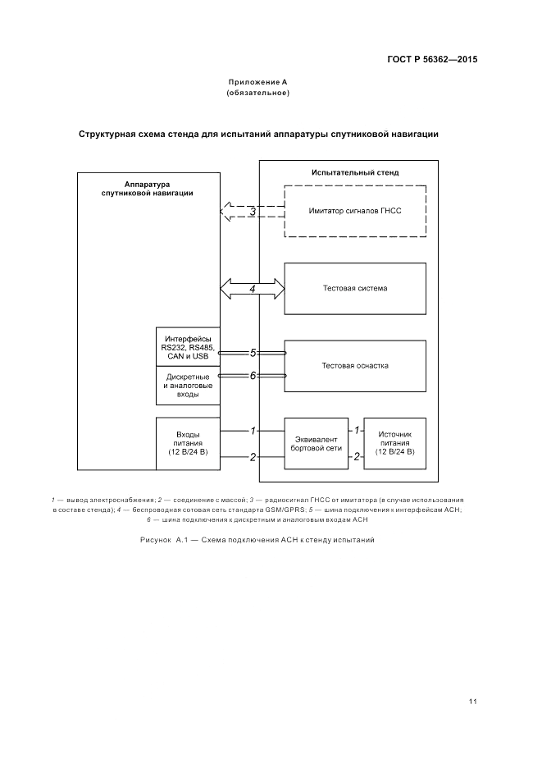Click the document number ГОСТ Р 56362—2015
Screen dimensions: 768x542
431,60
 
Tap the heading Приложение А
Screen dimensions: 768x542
257,83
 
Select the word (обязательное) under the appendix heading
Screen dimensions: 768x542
257,93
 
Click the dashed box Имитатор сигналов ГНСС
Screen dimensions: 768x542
355,211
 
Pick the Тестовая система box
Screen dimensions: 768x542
355,288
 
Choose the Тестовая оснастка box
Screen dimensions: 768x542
355,365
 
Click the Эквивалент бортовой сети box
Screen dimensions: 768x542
316,443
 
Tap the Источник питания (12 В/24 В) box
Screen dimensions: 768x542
394,443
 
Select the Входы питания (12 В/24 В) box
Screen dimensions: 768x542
188,443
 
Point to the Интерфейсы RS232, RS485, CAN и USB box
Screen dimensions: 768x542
188,347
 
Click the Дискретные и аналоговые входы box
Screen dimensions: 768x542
188,386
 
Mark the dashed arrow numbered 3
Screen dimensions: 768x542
238,212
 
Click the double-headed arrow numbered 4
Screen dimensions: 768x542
253,289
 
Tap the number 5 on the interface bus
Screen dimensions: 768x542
253,353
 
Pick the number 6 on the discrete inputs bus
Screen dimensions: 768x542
253,375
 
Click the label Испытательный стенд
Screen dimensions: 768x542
355,172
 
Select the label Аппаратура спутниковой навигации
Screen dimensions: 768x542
148,188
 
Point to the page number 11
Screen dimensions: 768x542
473,702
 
